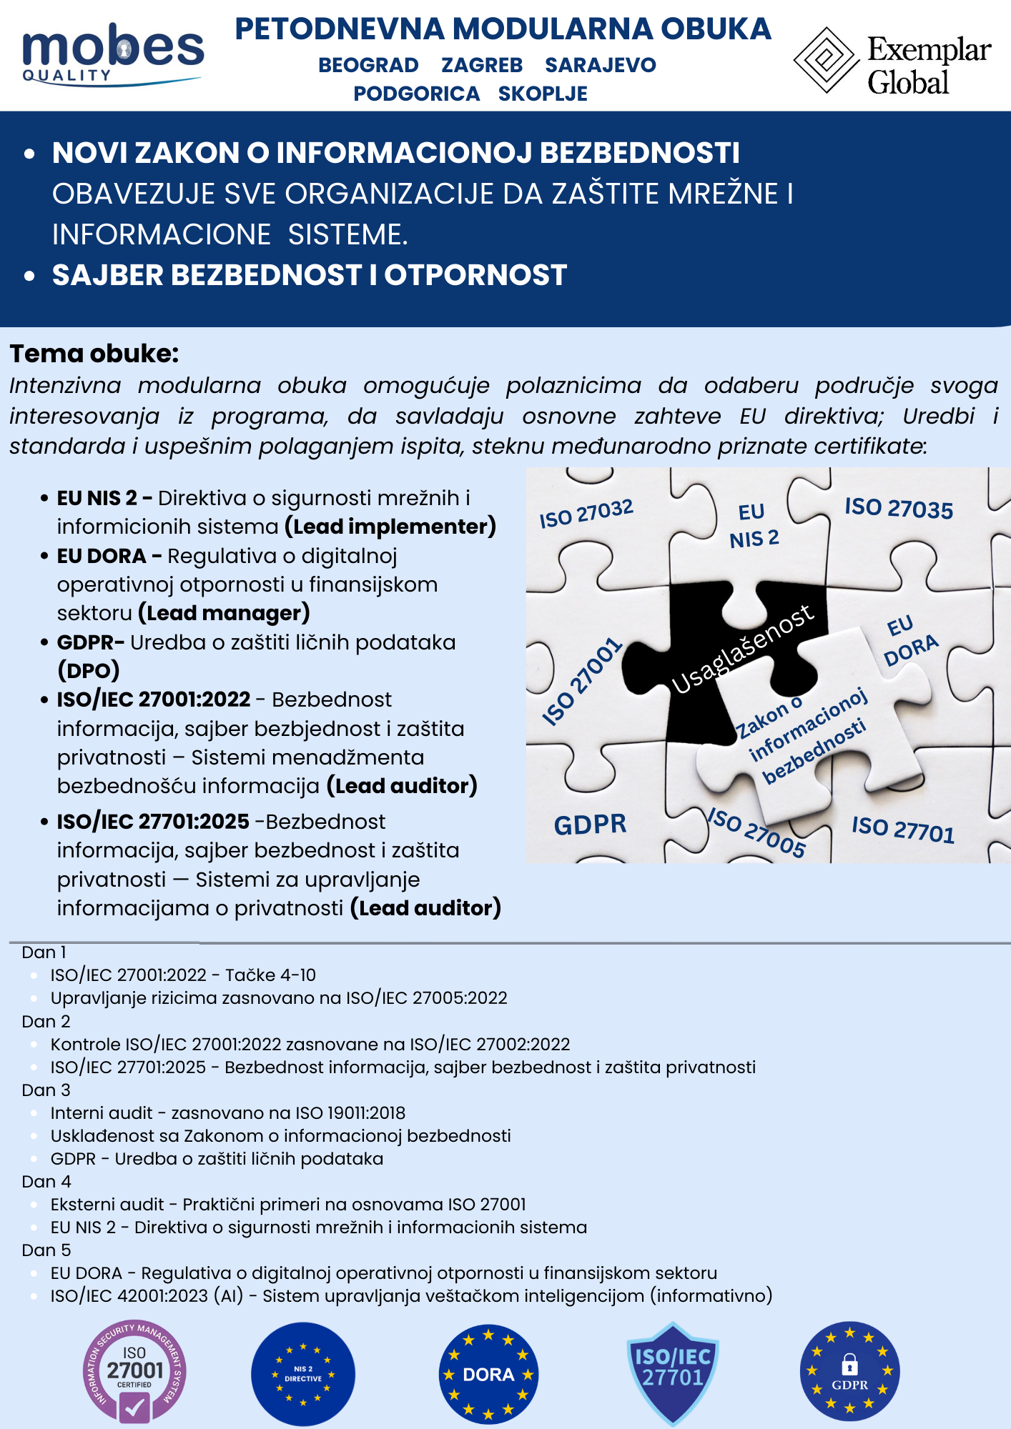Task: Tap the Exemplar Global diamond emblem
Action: pos(826,60)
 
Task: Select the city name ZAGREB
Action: pos(482,65)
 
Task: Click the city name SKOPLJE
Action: pos(543,94)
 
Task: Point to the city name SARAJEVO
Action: pos(600,65)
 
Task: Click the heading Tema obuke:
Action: pos(94,354)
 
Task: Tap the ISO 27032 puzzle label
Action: pos(586,513)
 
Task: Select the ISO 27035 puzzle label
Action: pos(899,508)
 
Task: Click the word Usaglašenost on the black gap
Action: pos(743,649)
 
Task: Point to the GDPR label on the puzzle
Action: pos(590,825)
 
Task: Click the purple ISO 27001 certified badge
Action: pos(134,1373)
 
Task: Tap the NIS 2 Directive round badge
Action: pos(303,1374)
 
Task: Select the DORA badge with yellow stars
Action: pos(488,1374)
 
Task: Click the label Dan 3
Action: pos(46,1090)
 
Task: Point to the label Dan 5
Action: pos(46,1250)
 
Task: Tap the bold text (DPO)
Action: pos(89,670)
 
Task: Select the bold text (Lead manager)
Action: pos(224,613)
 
